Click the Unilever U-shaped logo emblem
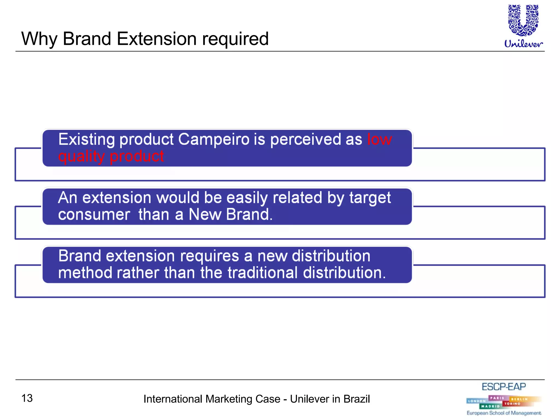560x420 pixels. click(x=523, y=21)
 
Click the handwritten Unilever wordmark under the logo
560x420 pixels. click(x=523, y=44)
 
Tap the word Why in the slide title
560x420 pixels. click(x=39, y=39)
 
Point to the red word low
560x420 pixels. click(x=380, y=139)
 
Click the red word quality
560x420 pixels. click(x=81, y=157)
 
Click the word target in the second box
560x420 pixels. click(x=370, y=198)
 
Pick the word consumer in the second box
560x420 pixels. click(x=94, y=215)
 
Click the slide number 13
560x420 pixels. click(x=27, y=398)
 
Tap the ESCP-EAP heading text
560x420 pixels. click(x=503, y=387)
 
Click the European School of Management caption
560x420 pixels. click(x=504, y=413)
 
